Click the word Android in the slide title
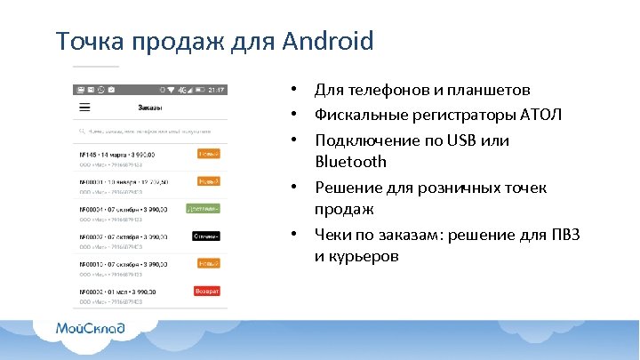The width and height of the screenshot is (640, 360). click(x=328, y=41)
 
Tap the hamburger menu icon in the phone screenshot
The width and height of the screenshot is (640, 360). click(x=84, y=107)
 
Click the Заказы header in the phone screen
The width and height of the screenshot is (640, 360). click(x=149, y=108)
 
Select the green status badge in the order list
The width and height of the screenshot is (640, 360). click(x=203, y=209)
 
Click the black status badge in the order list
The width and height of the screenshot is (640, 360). click(x=205, y=236)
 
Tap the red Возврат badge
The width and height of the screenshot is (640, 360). click(x=206, y=291)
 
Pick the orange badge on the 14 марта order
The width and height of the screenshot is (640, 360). click(x=208, y=154)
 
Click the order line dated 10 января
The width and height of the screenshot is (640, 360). click(x=124, y=181)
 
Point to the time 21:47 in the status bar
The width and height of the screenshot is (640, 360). click(x=216, y=89)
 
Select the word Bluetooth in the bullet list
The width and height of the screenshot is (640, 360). click(x=350, y=162)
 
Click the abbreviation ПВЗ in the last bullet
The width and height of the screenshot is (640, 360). click(x=564, y=235)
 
